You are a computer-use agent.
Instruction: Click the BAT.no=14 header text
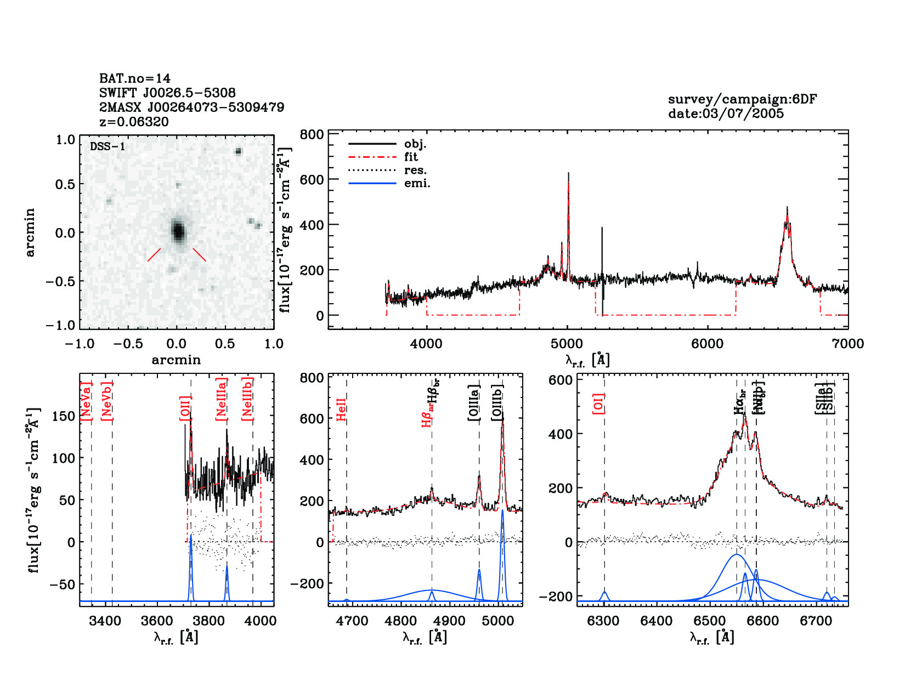click(135, 78)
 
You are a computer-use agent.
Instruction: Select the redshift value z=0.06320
click(134, 122)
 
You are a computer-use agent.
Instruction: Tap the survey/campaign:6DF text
click(742, 99)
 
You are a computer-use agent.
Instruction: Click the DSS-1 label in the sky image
click(108, 147)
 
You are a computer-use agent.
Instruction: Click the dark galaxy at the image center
click(178, 231)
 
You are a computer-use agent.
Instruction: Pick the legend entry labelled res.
click(415, 170)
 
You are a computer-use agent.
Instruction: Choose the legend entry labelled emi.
click(417, 184)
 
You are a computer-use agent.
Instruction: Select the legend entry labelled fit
click(411, 157)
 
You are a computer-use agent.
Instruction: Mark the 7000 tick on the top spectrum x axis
click(847, 344)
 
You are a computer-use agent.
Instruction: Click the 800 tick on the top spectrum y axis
click(312, 135)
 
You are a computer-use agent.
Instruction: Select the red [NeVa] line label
click(86, 402)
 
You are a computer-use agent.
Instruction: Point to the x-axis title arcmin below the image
click(176, 360)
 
